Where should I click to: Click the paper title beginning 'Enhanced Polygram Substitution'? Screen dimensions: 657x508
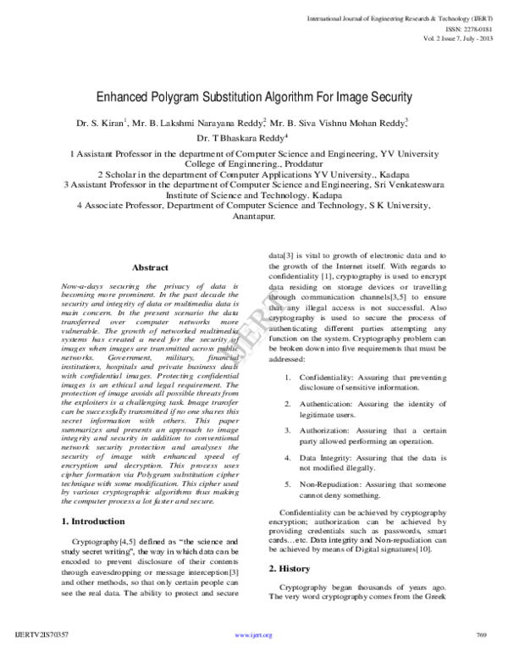254,97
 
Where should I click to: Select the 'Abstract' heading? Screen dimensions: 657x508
150,268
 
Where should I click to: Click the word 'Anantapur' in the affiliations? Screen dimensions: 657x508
253,216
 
